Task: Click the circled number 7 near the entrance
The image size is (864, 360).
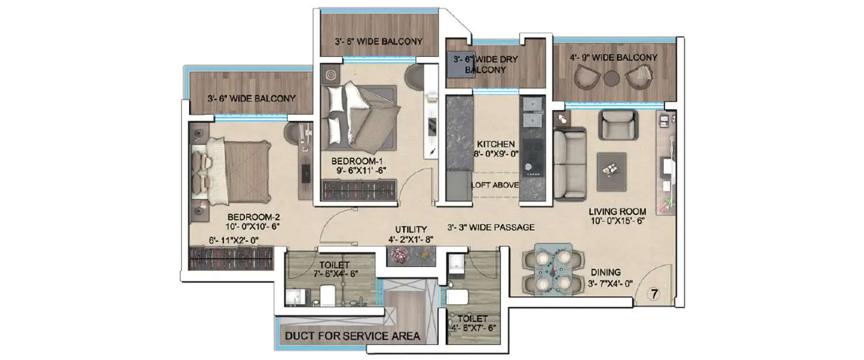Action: click(654, 294)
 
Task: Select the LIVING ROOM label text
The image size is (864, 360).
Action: click(617, 211)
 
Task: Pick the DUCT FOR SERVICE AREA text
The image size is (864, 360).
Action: click(353, 336)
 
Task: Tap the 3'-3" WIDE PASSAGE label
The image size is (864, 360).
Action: click(491, 228)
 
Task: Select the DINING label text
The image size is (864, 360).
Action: click(605, 272)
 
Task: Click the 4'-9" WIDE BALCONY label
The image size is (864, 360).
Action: click(613, 58)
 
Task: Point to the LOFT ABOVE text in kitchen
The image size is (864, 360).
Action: click(495, 185)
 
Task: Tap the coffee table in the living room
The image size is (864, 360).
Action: click(612, 171)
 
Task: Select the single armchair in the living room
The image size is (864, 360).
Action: click(618, 124)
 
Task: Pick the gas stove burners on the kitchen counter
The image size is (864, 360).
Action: click(529, 156)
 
